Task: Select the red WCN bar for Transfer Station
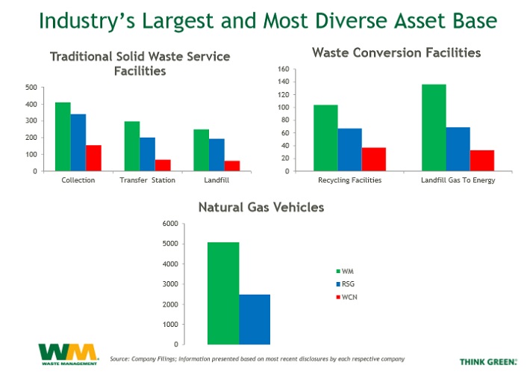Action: click(x=163, y=165)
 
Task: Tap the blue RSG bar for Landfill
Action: click(x=216, y=155)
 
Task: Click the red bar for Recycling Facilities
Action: click(x=373, y=159)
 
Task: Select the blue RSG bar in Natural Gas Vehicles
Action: click(x=255, y=319)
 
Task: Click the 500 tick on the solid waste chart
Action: click(x=31, y=88)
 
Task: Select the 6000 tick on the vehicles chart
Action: click(x=190, y=224)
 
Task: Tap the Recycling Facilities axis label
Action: click(x=349, y=180)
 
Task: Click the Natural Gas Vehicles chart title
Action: click(x=261, y=207)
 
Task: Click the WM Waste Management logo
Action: click(x=68, y=353)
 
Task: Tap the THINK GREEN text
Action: click(x=487, y=361)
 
